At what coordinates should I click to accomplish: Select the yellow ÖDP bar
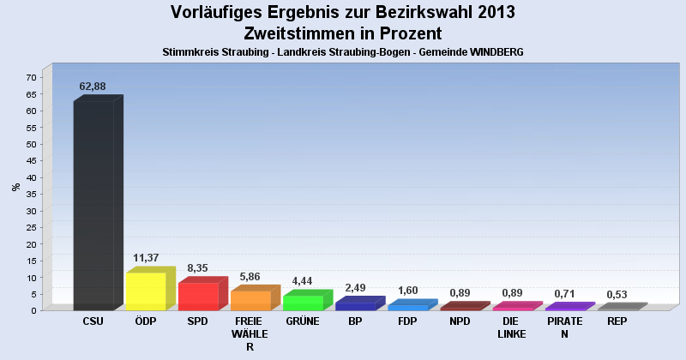[x=146, y=291]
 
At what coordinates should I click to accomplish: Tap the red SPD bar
[x=198, y=296]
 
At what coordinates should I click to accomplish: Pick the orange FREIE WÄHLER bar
[x=250, y=300]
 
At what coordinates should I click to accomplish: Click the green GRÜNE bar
[x=303, y=302]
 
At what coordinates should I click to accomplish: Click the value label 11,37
[x=145, y=257]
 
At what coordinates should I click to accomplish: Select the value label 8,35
[x=199, y=267]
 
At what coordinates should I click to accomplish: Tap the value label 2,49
[x=356, y=287]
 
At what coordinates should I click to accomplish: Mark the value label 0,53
[x=617, y=294]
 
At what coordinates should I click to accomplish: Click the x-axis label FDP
[x=407, y=321]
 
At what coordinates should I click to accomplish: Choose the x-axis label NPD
[x=460, y=321]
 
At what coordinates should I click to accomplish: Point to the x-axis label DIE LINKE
[x=512, y=327]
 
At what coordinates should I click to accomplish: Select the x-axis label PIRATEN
[x=564, y=327]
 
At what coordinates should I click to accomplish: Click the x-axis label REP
[x=617, y=321]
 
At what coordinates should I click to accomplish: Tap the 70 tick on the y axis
[x=31, y=77]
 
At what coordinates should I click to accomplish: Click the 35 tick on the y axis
[x=31, y=194]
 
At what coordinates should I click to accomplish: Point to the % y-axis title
[x=15, y=187]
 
